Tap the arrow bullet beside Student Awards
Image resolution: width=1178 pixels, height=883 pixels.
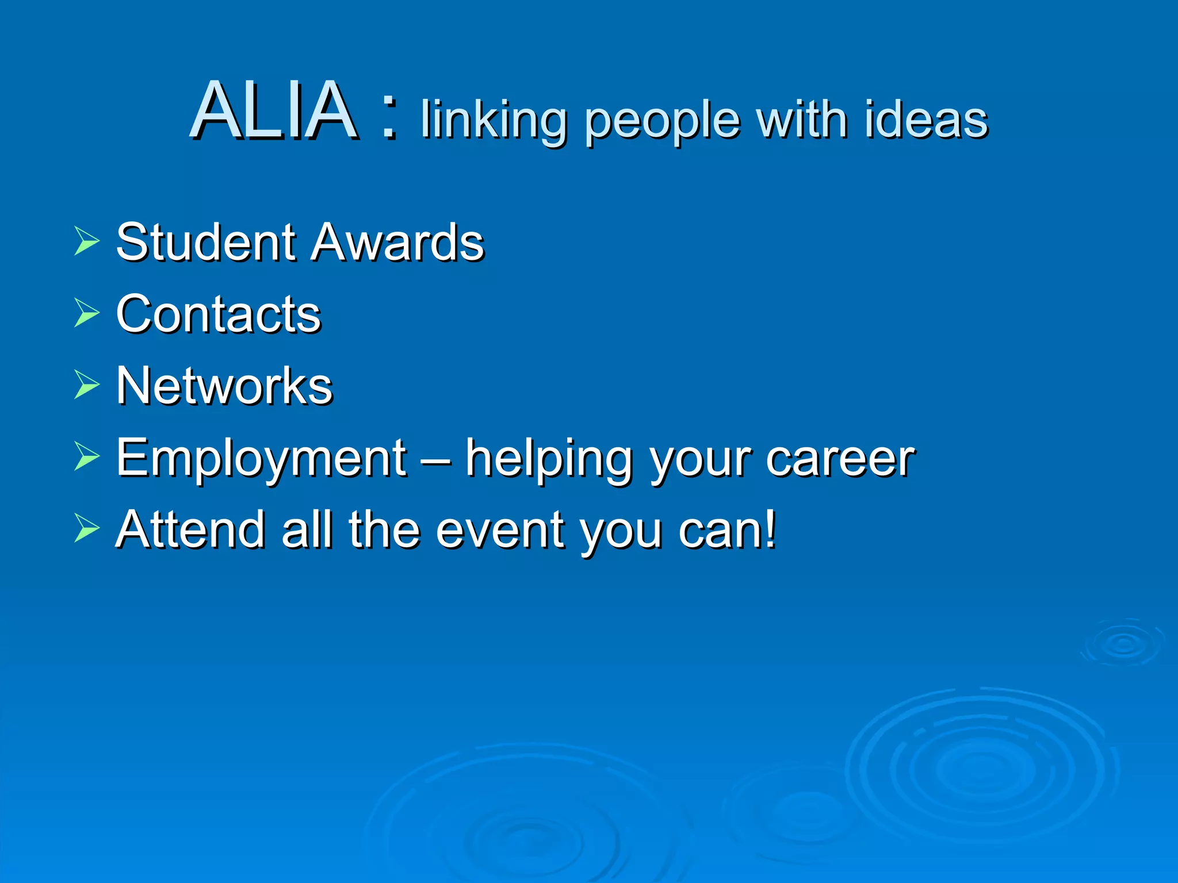click(x=87, y=241)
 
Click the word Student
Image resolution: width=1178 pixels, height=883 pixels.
click(x=207, y=242)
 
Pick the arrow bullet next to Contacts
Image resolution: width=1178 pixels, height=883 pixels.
click(x=87, y=313)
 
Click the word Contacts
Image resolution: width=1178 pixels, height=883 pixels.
click(x=219, y=314)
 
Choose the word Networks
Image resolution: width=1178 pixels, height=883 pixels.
click(x=224, y=386)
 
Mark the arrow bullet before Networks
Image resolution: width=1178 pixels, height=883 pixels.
click(x=87, y=385)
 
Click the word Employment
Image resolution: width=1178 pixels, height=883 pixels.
click(x=262, y=459)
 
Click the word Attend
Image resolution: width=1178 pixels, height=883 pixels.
click(x=190, y=529)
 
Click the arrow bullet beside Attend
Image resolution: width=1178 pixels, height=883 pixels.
click(x=87, y=528)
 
